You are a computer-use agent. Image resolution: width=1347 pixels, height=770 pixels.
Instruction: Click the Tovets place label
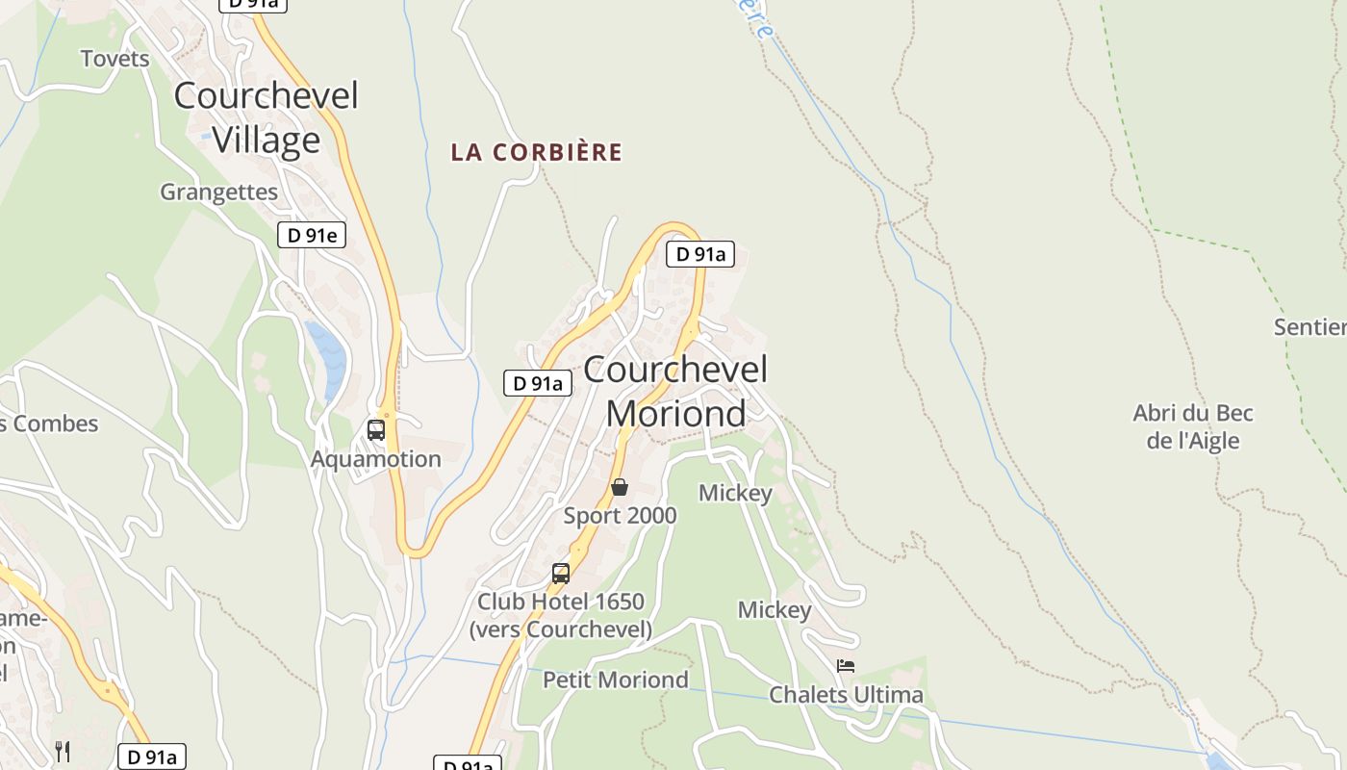click(115, 59)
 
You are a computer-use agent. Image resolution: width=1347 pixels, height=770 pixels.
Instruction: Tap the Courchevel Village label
click(267, 117)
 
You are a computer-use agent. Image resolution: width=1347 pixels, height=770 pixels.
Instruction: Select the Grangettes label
click(218, 192)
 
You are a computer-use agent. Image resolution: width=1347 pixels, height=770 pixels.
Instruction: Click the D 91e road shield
click(312, 235)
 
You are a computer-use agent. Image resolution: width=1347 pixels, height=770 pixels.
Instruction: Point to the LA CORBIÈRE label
click(537, 152)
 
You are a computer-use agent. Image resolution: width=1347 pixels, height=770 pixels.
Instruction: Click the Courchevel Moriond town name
click(675, 391)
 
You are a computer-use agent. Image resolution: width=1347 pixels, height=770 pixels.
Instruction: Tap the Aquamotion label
click(375, 459)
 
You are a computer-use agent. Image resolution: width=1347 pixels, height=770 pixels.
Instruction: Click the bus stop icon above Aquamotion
click(376, 430)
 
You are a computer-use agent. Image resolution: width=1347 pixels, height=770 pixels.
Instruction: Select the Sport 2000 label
click(620, 516)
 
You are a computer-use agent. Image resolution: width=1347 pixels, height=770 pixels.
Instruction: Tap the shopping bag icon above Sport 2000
click(620, 487)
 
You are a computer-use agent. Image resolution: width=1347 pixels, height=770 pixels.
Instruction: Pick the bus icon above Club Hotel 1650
click(561, 574)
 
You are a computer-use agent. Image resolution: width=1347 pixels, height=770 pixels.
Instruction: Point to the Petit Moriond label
click(616, 680)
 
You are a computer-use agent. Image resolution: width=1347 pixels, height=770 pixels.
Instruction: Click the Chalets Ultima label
click(846, 695)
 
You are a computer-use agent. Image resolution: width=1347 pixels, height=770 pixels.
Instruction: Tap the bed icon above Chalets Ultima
click(846, 666)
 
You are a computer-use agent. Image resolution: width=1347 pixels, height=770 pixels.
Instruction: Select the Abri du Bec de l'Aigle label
click(1193, 427)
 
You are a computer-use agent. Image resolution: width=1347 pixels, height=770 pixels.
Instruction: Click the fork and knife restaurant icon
click(63, 751)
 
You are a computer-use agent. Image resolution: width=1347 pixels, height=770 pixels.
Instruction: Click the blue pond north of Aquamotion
click(327, 358)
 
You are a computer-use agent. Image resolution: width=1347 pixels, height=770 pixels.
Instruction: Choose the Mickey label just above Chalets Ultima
click(775, 610)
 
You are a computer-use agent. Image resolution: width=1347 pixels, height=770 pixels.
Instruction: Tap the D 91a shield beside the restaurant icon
click(152, 757)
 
